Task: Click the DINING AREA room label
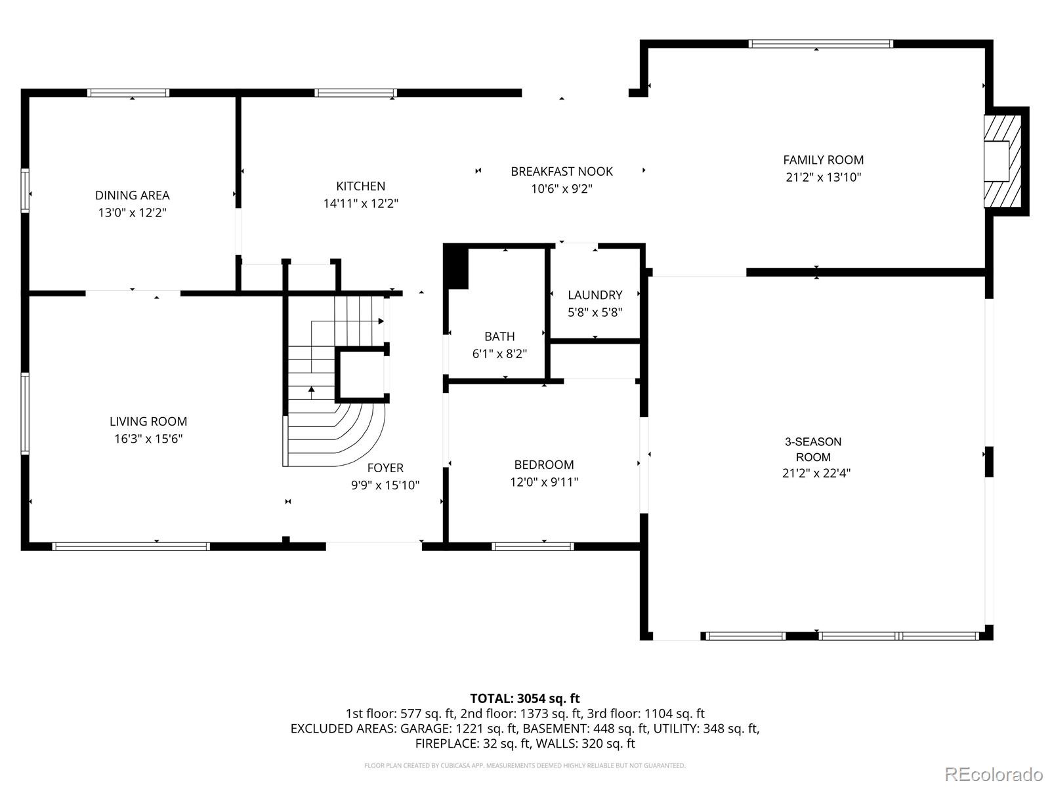coord(132,195)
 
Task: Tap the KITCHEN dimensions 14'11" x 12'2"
coord(360,203)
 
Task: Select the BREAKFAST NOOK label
coord(562,171)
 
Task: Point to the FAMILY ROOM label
coord(823,159)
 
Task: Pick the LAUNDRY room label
coord(595,295)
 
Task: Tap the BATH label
coord(499,336)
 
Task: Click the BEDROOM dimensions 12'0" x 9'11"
coord(544,482)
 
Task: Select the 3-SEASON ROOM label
coord(813,449)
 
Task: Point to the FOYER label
coord(385,468)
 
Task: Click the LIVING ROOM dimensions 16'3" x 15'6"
coord(148,439)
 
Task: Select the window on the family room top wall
coord(820,44)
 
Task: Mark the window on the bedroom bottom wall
coord(533,546)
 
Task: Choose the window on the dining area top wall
coord(129,93)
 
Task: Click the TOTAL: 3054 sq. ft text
coord(524,698)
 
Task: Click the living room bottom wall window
coord(131,546)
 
